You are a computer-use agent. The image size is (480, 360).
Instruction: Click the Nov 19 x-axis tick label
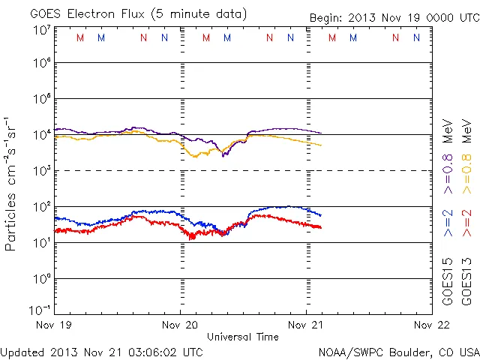[55, 325]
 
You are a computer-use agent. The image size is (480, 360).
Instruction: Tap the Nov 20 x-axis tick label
[180, 325]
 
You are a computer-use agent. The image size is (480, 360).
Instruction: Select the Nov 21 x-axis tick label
[305, 325]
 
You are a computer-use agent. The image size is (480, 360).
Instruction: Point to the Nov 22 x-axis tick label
[430, 325]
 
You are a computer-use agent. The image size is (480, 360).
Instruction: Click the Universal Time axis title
[243, 337]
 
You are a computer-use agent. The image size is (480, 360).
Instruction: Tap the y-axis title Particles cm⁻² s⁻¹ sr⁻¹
[12, 184]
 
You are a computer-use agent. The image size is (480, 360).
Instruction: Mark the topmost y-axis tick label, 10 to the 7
[42, 30]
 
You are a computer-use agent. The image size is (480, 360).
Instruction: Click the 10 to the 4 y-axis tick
[42, 134]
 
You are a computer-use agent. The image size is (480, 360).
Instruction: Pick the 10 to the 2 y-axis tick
[42, 206]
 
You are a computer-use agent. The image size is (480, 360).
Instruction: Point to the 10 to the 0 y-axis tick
[42, 278]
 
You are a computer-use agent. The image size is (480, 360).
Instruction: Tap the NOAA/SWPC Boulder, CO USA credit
[398, 352]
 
